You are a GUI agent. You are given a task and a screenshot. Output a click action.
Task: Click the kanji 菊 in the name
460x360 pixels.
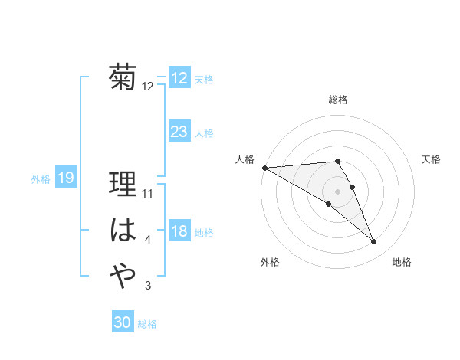[123, 77]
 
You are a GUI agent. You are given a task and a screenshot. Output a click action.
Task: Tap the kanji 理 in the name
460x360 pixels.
[123, 185]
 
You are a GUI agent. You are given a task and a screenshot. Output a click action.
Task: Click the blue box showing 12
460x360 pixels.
[179, 78]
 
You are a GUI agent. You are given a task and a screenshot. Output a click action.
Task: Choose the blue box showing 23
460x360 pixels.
[179, 132]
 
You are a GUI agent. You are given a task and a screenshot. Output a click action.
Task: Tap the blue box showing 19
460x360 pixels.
[66, 178]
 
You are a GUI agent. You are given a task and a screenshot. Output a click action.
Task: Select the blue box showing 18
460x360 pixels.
[179, 231]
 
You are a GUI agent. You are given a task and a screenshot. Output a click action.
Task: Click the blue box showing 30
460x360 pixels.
[123, 322]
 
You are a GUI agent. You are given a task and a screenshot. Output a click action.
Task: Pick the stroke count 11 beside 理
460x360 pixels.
[149, 194]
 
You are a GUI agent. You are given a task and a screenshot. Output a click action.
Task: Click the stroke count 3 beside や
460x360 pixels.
[148, 286]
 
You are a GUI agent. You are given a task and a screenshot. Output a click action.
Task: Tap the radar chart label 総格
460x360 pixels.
[338, 100]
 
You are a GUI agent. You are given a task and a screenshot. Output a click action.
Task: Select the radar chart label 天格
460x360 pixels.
[432, 159]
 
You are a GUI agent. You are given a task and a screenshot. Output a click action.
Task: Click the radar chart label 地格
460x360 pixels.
[402, 262]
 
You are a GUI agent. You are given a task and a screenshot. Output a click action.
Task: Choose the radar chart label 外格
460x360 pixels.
[270, 262]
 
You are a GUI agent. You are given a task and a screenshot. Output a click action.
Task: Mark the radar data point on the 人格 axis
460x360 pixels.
[264, 168]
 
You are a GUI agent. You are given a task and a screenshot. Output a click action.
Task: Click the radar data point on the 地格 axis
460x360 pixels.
[374, 242]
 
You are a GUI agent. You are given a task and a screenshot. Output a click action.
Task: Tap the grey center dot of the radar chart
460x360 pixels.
[337, 191]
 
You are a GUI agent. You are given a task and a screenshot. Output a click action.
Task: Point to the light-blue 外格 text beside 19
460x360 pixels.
[41, 178]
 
